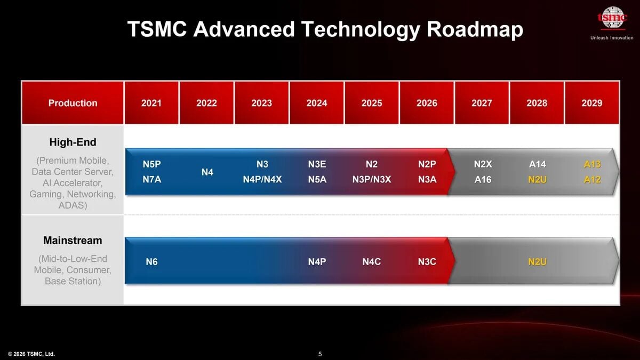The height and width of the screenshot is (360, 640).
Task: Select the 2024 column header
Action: [x=317, y=103]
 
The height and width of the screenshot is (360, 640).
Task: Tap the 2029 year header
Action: [x=592, y=103]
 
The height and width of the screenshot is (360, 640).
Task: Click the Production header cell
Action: [x=73, y=103]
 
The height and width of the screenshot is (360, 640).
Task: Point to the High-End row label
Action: [x=73, y=142]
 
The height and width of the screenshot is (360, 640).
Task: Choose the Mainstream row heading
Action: [x=73, y=241]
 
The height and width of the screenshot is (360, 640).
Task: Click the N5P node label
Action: [x=152, y=164]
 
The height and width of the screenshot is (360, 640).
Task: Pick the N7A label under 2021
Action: [x=152, y=180]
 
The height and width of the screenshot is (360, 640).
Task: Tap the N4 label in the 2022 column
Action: [x=207, y=172]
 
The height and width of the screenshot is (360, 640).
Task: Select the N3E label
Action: [x=317, y=164]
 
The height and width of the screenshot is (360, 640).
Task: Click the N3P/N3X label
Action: [x=372, y=180]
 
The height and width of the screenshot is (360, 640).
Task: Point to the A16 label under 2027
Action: [x=483, y=180]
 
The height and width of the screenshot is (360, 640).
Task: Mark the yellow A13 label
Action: [x=592, y=164]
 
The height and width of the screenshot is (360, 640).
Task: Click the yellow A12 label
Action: [x=592, y=180]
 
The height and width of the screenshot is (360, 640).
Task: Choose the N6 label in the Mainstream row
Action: [x=152, y=262]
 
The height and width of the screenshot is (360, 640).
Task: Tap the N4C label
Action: [x=372, y=262]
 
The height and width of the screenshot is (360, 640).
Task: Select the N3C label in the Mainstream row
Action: [x=427, y=262]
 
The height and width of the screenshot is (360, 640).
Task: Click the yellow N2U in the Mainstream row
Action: [x=537, y=262]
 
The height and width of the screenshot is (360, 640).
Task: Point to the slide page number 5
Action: [x=320, y=354]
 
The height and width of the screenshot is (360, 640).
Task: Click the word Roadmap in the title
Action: [x=475, y=30]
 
